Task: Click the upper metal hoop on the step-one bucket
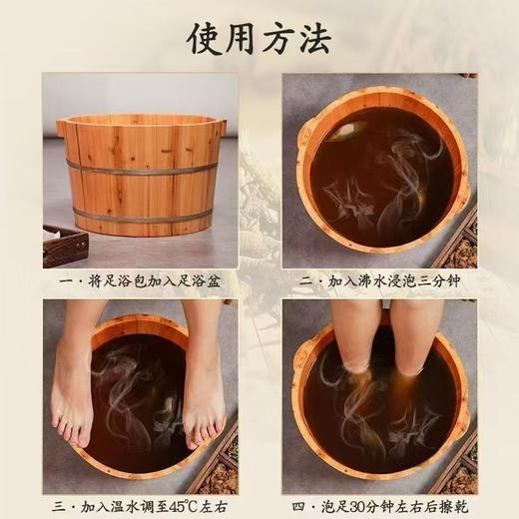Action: (140, 170)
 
